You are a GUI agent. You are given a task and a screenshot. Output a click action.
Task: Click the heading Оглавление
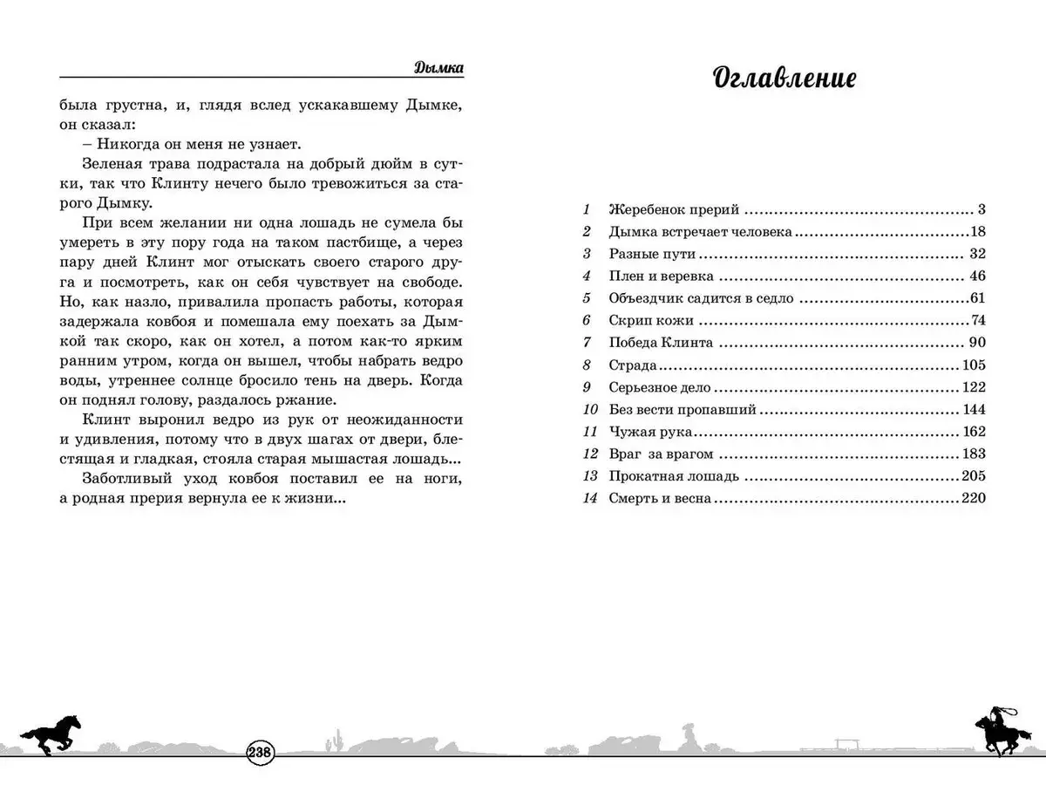pos(784,78)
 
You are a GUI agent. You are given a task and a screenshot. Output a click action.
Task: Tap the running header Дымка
pos(437,67)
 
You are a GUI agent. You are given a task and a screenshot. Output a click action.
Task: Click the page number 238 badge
pos(261,753)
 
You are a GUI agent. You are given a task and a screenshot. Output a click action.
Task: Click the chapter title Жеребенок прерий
pos(675,210)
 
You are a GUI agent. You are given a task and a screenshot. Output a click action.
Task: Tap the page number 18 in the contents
pos(976,232)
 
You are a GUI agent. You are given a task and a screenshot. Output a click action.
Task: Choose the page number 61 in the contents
pos(976,298)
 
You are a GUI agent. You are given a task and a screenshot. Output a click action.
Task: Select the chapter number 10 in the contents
pos(590,409)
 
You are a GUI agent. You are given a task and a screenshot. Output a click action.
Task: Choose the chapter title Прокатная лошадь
pos(675,476)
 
